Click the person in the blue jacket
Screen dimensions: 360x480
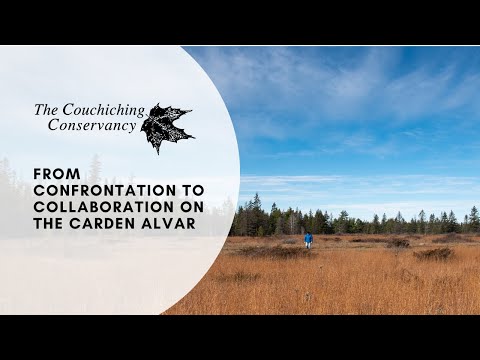pos(308,239)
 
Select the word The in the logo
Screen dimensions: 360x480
pos(47,110)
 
